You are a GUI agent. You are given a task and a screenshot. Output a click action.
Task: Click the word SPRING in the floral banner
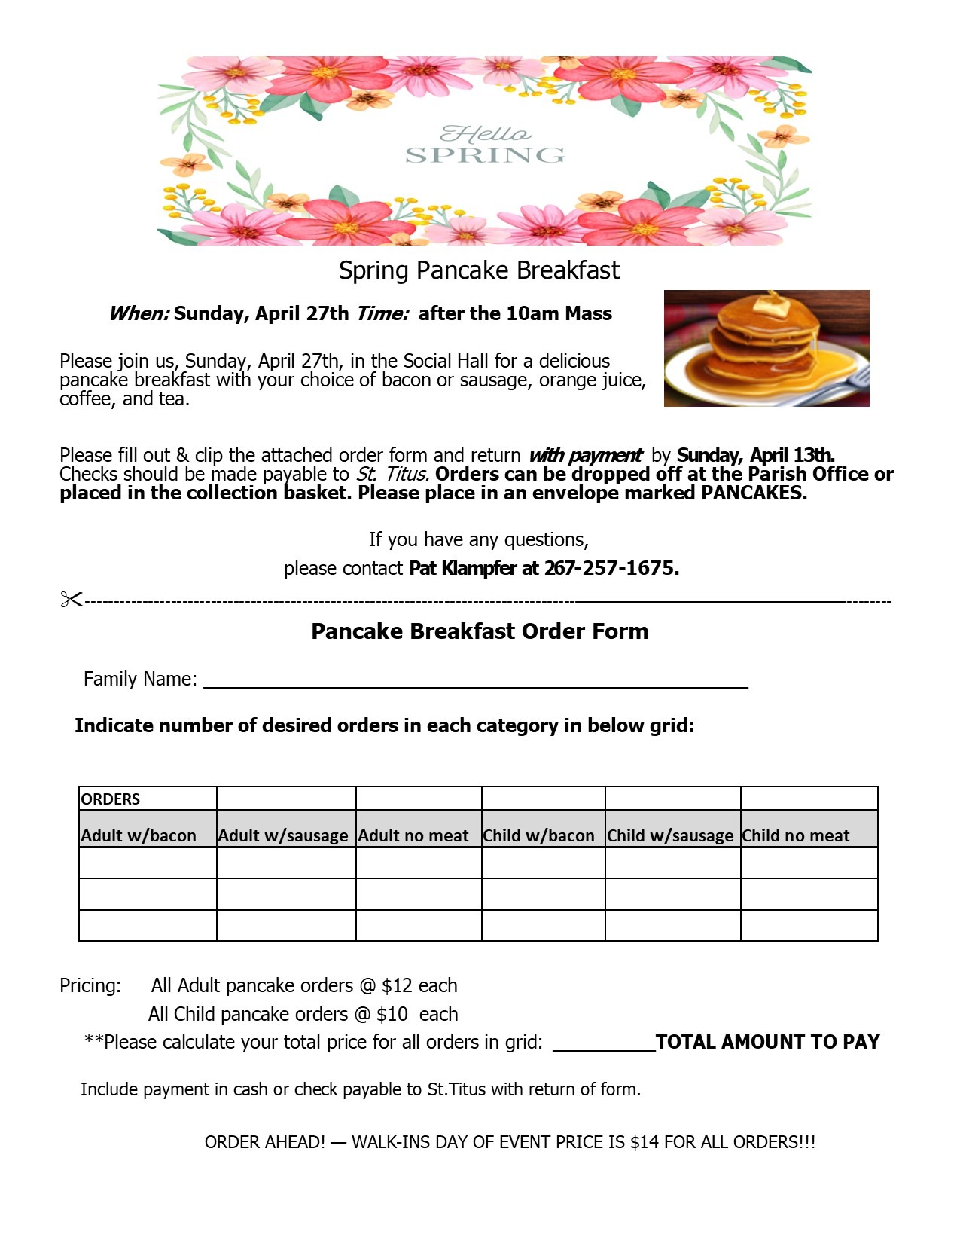click(x=485, y=156)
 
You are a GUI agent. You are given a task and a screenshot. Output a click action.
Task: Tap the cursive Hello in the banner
click(x=486, y=134)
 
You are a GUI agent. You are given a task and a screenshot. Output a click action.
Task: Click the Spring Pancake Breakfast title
click(x=479, y=270)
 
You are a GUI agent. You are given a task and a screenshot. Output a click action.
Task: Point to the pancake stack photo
click(x=766, y=348)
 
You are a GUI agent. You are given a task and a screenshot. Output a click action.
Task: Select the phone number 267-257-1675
click(x=611, y=568)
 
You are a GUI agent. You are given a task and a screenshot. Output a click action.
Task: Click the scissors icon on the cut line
click(x=71, y=600)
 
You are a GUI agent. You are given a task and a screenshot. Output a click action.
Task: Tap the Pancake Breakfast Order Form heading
click(x=480, y=631)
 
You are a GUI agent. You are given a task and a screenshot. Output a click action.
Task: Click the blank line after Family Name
click(x=476, y=681)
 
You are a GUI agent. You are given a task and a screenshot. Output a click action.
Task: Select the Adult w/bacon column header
click(x=139, y=835)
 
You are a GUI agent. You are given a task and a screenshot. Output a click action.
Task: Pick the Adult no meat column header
click(x=413, y=835)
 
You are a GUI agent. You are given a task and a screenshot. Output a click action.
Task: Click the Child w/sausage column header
click(x=670, y=835)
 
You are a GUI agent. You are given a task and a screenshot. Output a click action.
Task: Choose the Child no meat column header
click(x=796, y=835)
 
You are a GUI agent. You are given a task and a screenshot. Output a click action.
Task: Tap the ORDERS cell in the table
click(x=111, y=799)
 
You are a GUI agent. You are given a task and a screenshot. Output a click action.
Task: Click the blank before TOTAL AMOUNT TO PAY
click(x=604, y=1043)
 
